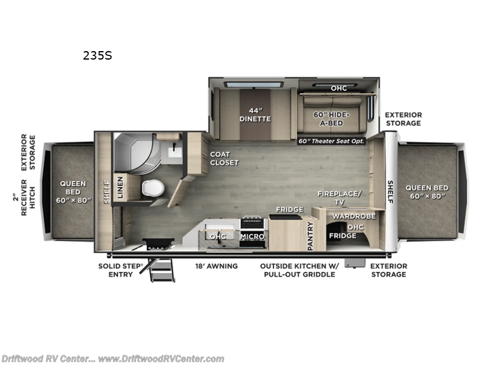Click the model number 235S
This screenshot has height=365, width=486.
pyautogui.click(x=97, y=55)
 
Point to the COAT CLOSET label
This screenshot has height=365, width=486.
pyautogui.click(x=224, y=158)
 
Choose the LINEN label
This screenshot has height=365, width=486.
pyautogui.click(x=119, y=187)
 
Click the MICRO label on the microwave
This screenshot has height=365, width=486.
pyautogui.click(x=251, y=236)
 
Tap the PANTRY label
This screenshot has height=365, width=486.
pyautogui.click(x=309, y=236)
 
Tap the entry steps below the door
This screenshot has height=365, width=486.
pyautogui.click(x=161, y=271)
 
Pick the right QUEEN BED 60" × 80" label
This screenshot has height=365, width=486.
pyautogui.click(x=428, y=191)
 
